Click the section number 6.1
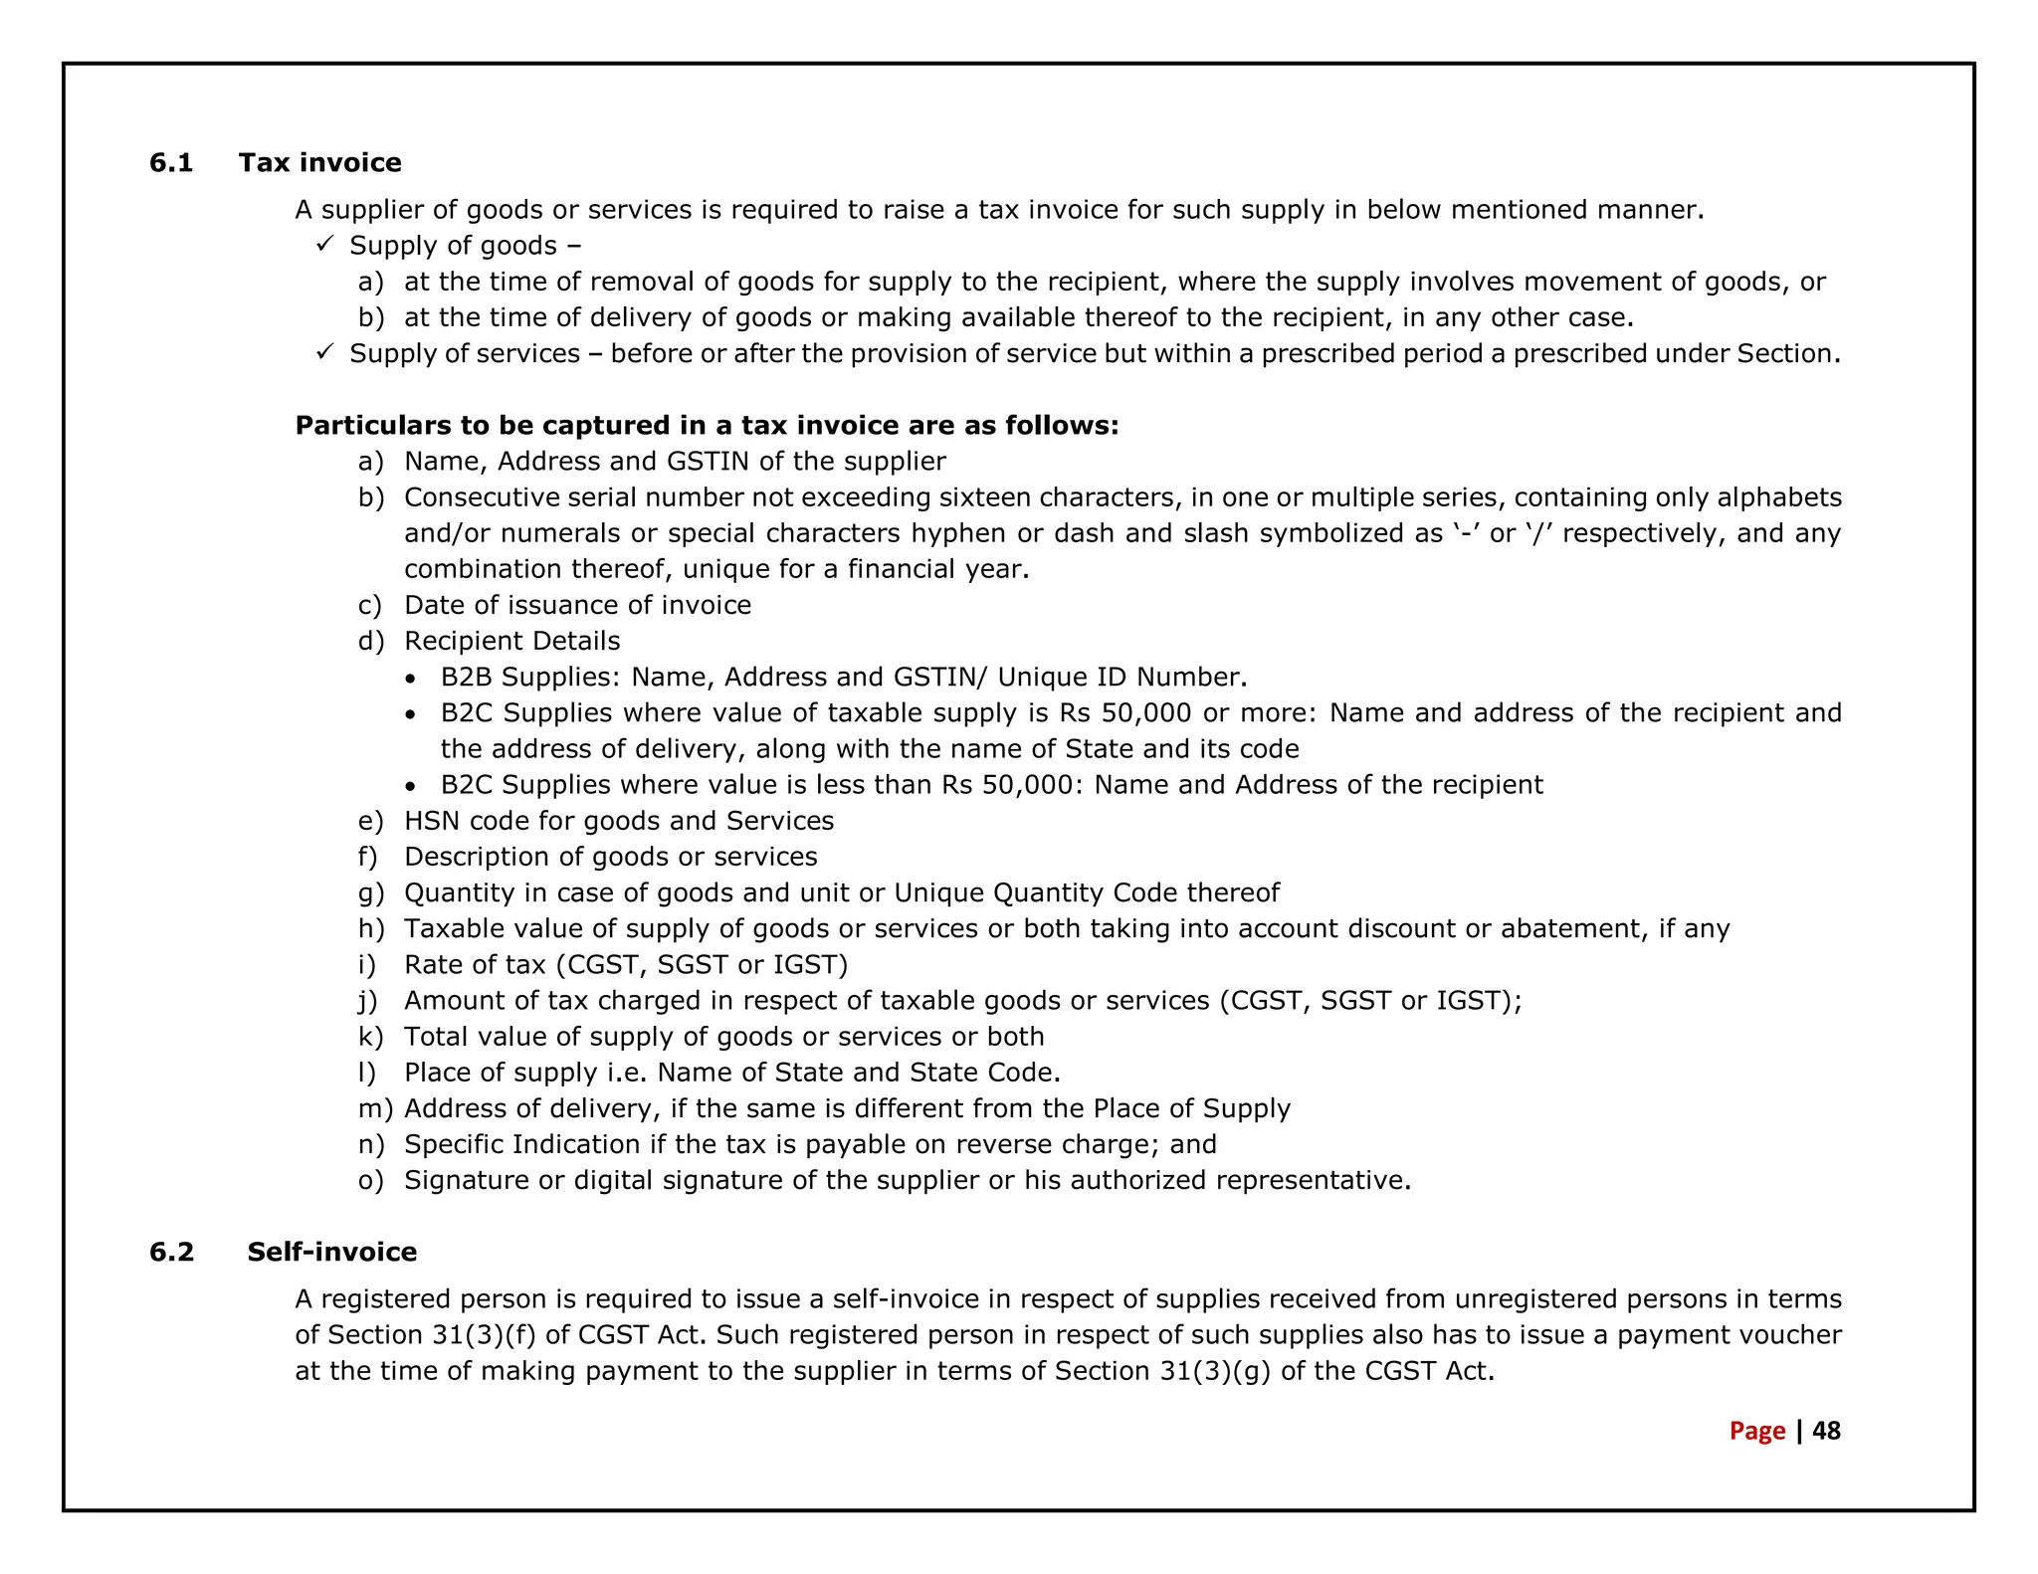click(171, 163)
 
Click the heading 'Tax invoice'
click(319, 163)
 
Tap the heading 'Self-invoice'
click(331, 1252)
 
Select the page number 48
click(1826, 1431)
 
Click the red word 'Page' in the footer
click(1756, 1431)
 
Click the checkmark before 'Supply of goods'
click(324, 244)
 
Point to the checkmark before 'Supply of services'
click(324, 352)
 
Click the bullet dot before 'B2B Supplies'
click(411, 679)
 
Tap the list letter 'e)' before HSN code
click(370, 821)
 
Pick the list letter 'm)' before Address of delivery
click(375, 1108)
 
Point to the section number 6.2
click(171, 1252)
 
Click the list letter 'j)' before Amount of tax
click(368, 1001)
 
